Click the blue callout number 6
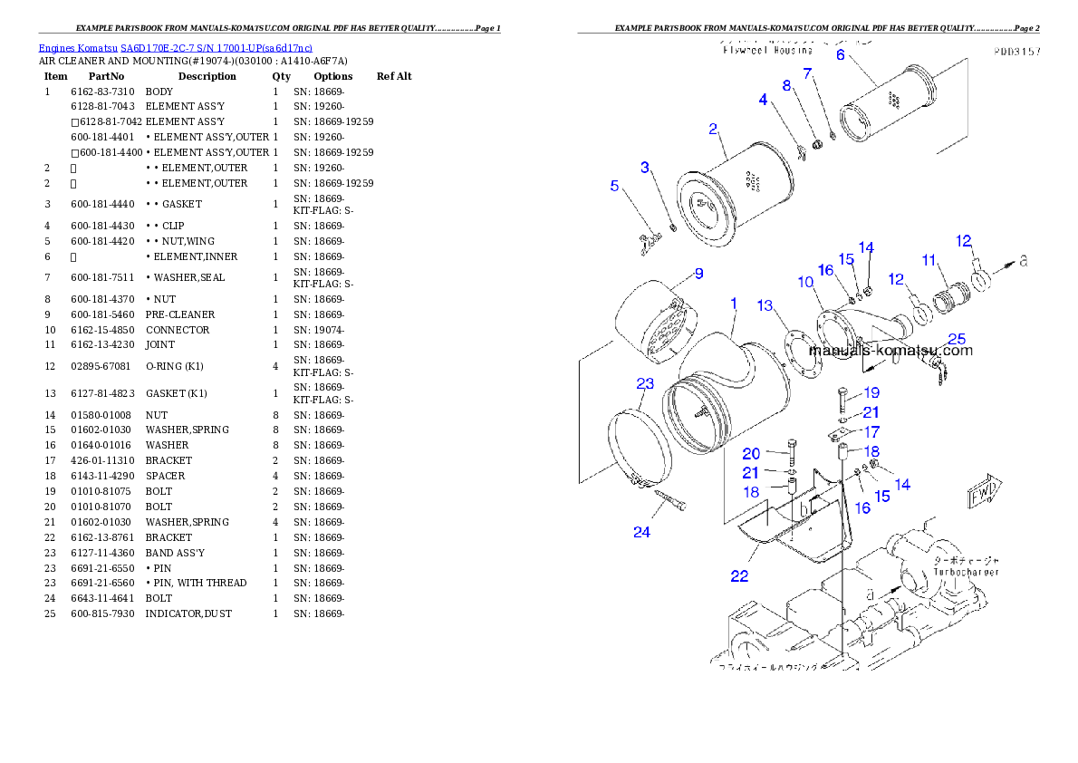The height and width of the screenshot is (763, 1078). click(x=840, y=54)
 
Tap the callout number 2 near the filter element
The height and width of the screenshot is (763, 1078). click(x=713, y=130)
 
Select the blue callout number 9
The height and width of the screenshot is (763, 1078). click(x=698, y=273)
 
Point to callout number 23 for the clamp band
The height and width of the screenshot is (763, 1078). click(x=644, y=384)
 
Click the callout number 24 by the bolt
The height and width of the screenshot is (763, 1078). click(x=641, y=533)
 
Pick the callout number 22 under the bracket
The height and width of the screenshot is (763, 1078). click(x=739, y=576)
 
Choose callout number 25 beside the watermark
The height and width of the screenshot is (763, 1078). click(x=957, y=340)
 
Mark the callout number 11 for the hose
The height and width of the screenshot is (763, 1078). click(x=929, y=260)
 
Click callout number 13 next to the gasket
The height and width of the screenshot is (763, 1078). click(x=765, y=305)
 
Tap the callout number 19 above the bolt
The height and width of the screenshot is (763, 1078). click(x=871, y=393)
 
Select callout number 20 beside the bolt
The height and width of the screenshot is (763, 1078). click(x=751, y=453)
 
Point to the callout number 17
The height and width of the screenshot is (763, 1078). click(x=871, y=432)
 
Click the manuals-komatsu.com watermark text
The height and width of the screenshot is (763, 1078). click(x=890, y=351)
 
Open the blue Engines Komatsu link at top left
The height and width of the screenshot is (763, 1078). click(x=175, y=48)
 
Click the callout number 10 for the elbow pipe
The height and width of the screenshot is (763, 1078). click(x=805, y=282)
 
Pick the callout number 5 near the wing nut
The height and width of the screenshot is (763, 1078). click(x=614, y=186)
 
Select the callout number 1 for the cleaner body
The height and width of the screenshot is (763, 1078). click(x=733, y=302)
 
